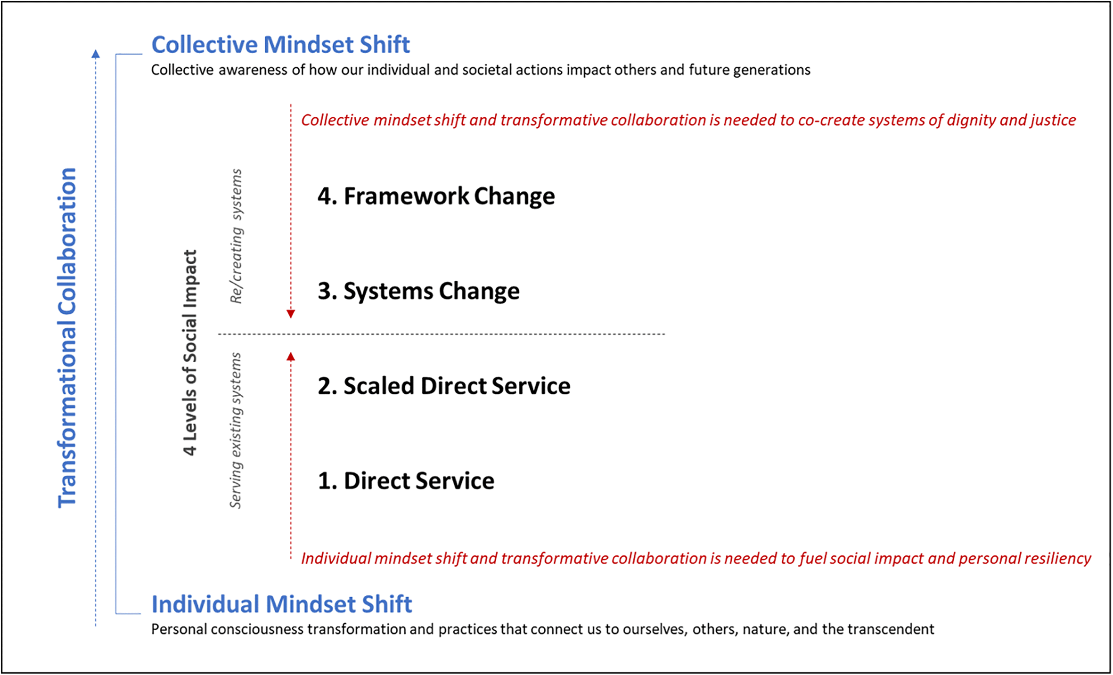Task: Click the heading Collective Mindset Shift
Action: (x=280, y=45)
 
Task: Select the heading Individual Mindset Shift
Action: (x=281, y=604)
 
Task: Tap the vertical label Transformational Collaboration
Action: (x=67, y=338)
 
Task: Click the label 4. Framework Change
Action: (x=436, y=196)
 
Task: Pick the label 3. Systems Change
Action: (x=418, y=291)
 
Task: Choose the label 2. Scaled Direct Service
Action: (x=444, y=386)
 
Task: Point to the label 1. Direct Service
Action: (x=406, y=481)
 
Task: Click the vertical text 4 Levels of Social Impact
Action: (x=190, y=352)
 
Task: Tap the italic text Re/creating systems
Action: (x=236, y=236)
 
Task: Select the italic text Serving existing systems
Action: (x=236, y=431)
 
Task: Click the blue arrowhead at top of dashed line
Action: (x=96, y=54)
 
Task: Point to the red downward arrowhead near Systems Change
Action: (x=291, y=314)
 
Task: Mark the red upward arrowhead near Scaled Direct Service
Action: (x=291, y=357)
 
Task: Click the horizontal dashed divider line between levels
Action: (x=442, y=334)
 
